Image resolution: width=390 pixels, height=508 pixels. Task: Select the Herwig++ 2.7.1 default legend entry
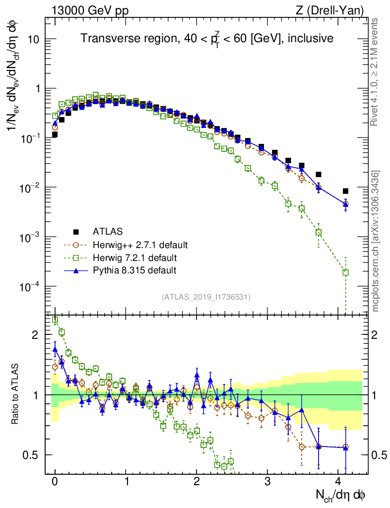tap(140, 245)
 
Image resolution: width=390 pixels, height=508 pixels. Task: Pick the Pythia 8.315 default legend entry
tap(134, 271)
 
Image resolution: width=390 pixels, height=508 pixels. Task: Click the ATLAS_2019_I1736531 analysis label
tap(206, 297)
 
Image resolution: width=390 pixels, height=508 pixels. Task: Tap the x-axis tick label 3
tap(267, 482)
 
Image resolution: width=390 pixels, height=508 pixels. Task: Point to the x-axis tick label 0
tap(55, 482)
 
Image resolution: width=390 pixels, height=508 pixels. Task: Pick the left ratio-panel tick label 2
tap(35, 335)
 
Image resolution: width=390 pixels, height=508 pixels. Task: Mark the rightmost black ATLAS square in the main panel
tap(345, 191)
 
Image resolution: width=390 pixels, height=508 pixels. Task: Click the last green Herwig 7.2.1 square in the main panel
tap(345, 272)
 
